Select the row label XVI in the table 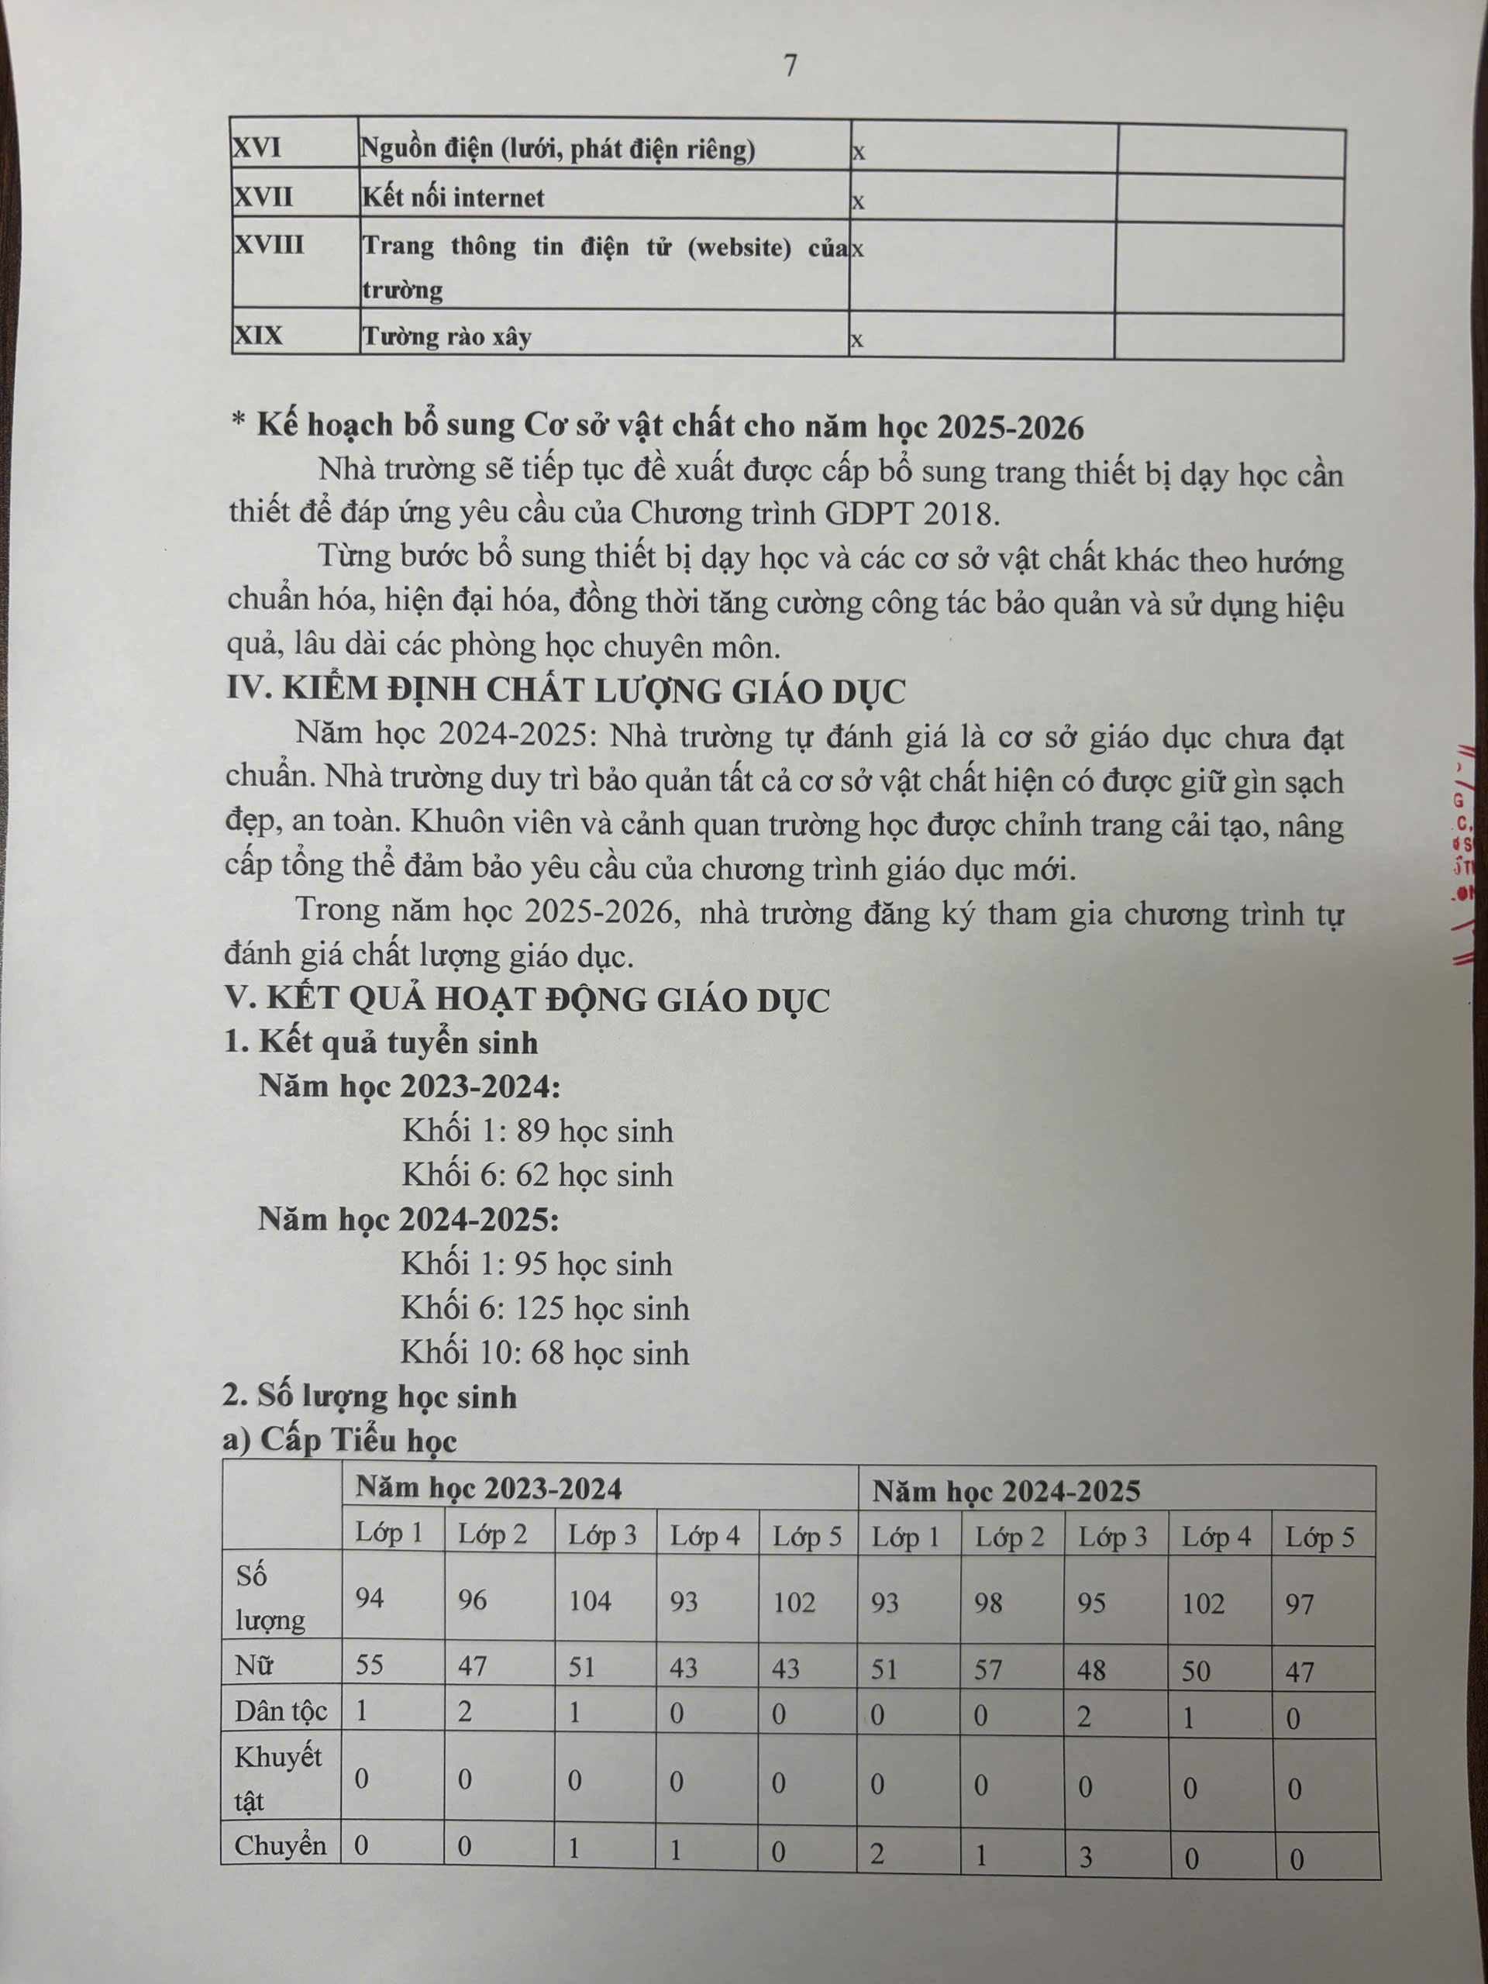coord(257,147)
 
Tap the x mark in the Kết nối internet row coord(859,201)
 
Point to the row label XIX coord(258,336)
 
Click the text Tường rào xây coord(446,337)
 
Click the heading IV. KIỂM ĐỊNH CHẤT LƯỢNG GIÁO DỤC coord(565,690)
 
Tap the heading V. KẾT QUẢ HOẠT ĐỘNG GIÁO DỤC coord(528,999)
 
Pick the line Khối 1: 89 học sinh coord(537,1130)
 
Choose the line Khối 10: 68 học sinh coord(544,1352)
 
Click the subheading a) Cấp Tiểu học coord(341,1440)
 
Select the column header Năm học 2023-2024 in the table coord(489,1488)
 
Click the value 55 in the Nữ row coord(370,1665)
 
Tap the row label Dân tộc coord(281,1711)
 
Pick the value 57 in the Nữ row coord(988,1669)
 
